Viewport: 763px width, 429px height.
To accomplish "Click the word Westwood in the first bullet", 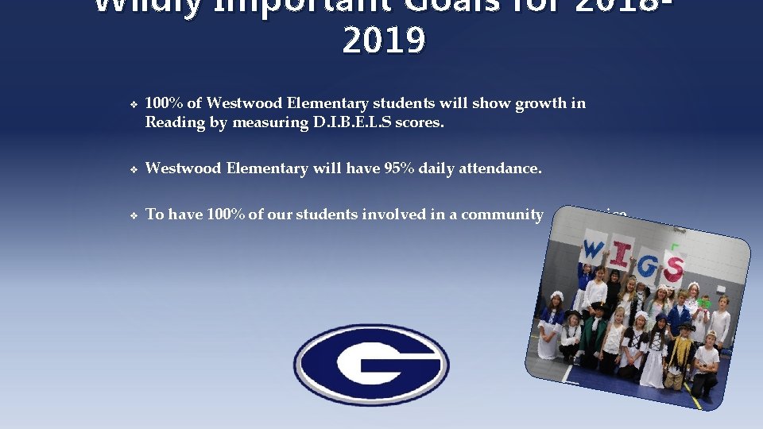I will pyautogui.click(x=239, y=102).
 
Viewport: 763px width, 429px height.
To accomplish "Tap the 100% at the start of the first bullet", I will pyautogui.click(x=164, y=102).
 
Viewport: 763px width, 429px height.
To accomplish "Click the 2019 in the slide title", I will pyautogui.click(x=383, y=41).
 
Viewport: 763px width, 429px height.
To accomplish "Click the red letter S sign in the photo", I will pyautogui.click(x=672, y=268).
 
